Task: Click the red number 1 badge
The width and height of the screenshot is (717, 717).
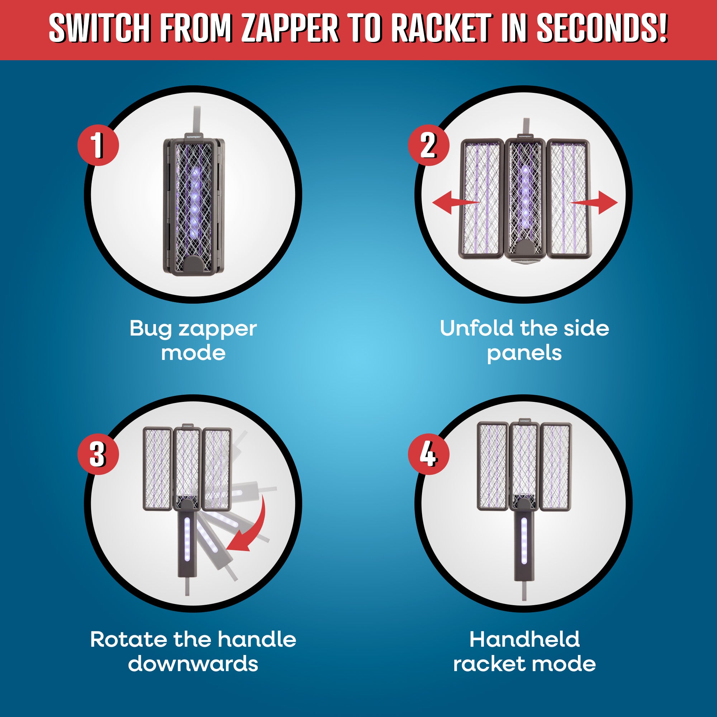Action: pos(98,145)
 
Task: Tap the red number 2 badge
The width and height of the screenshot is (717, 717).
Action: pos(429,145)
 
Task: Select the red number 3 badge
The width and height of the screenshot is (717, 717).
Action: pos(98,454)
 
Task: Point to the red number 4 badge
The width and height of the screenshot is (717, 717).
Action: pos(429,454)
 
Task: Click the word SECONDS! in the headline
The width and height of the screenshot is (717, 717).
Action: pos(602,28)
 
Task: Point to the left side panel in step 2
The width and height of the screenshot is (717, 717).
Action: pos(482,199)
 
